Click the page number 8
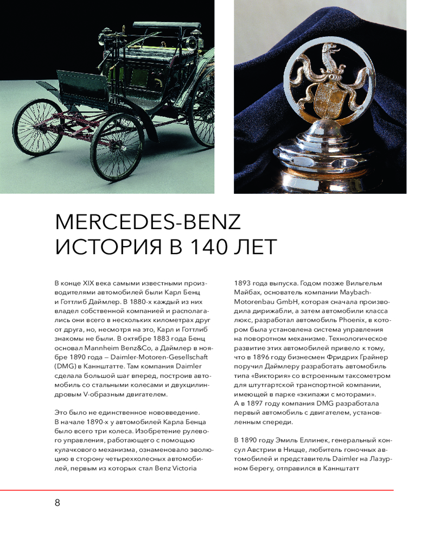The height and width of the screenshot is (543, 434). pyautogui.click(x=58, y=502)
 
